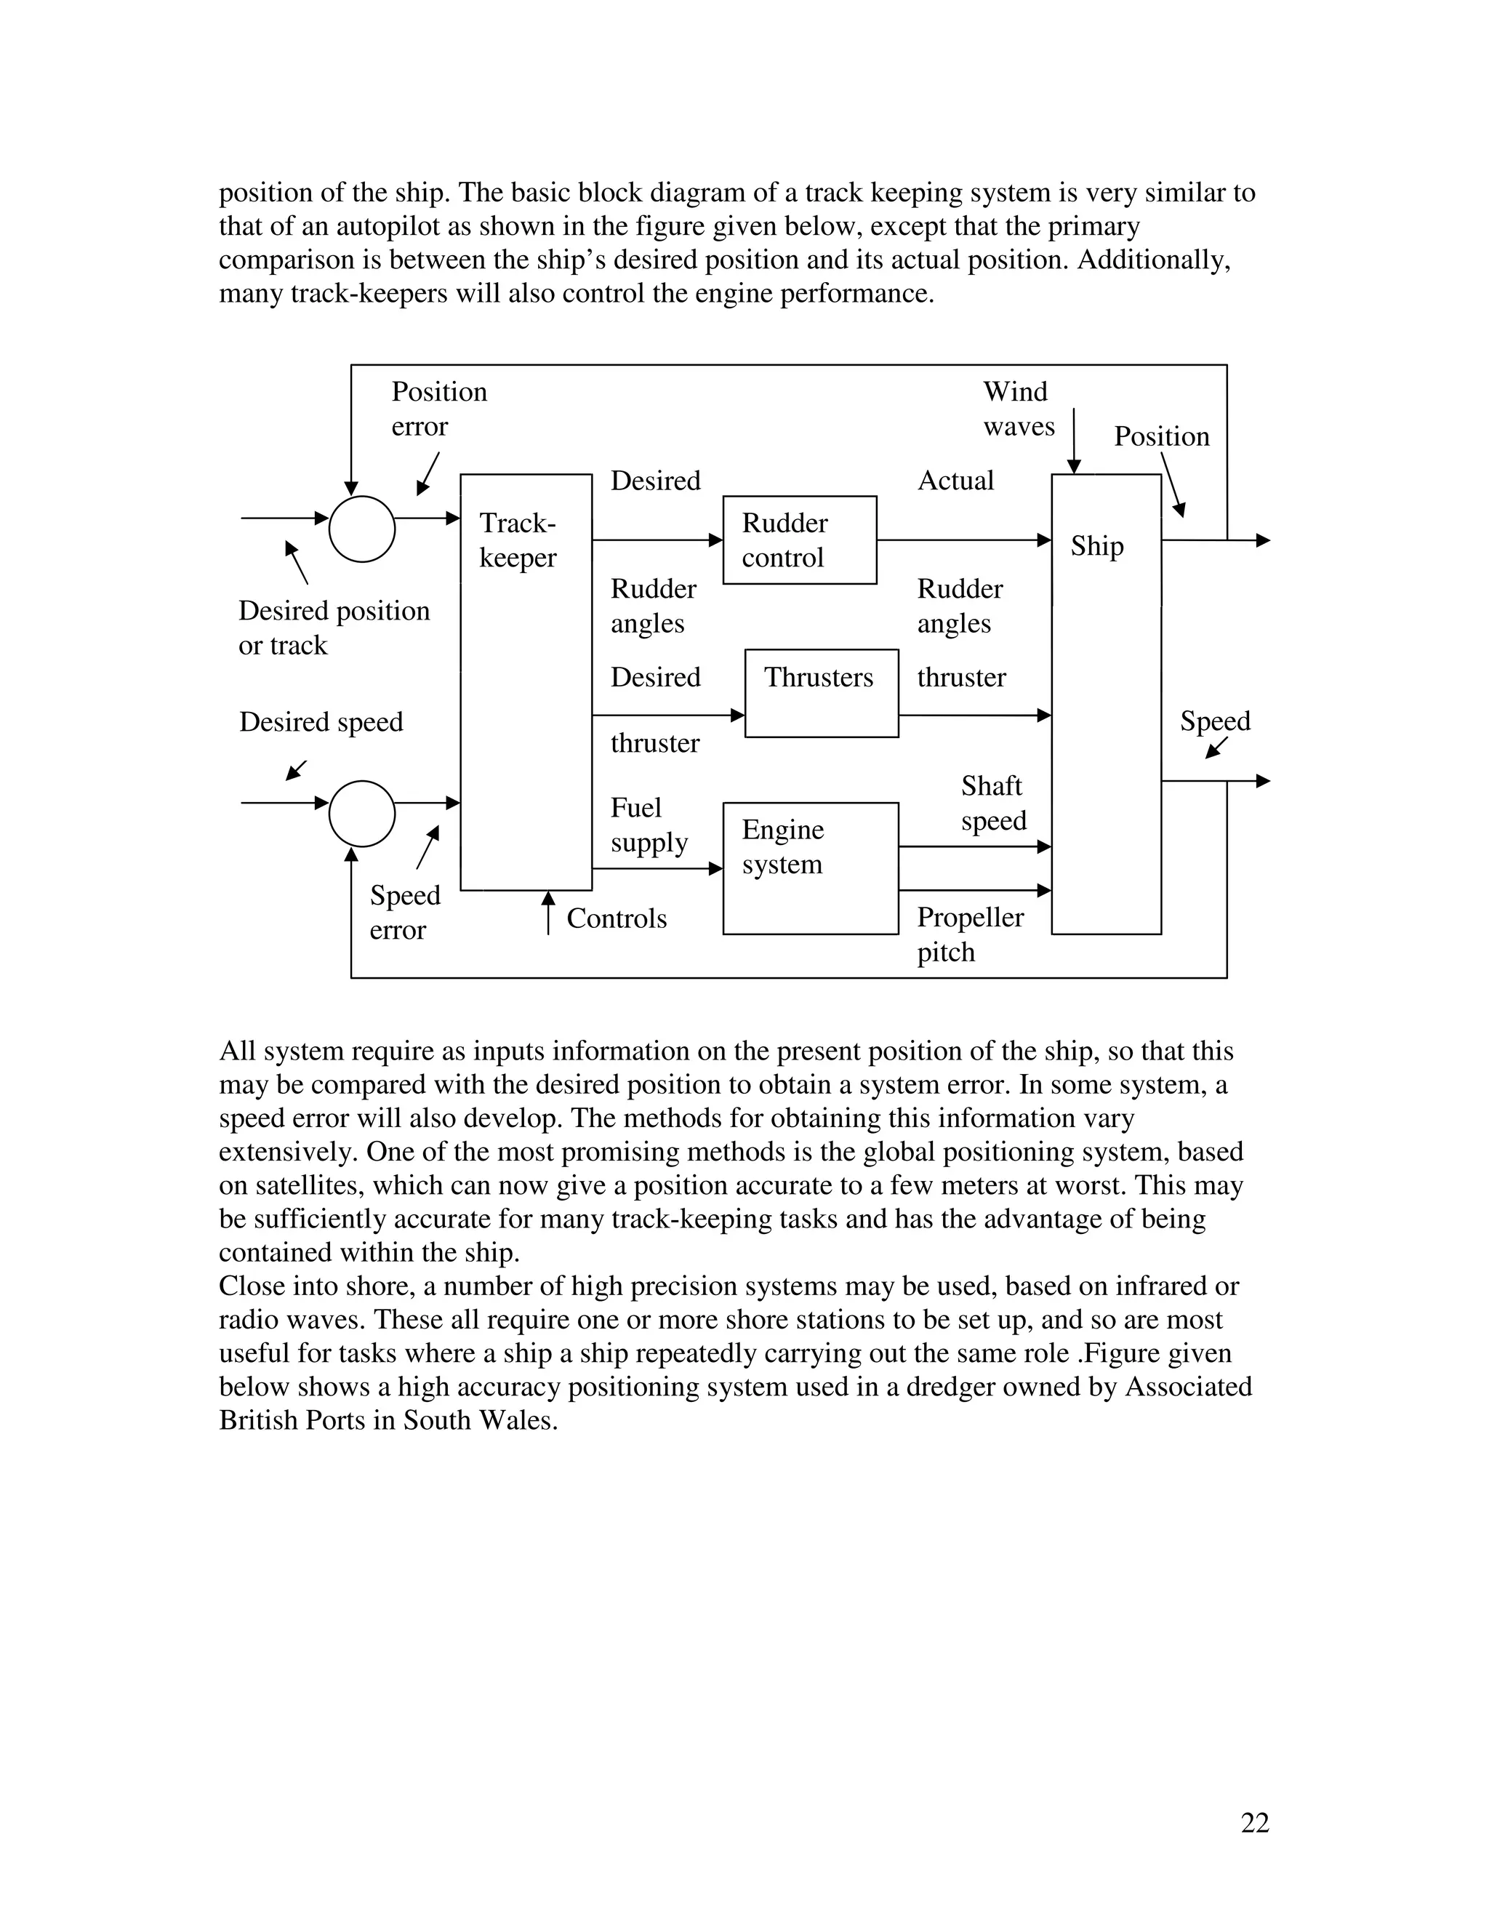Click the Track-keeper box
526,682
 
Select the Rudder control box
799,540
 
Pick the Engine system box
810,868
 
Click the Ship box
1105,703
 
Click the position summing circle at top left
361,529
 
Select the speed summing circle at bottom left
361,814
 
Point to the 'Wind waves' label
1018,409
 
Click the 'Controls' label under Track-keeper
616,918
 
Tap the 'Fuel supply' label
649,825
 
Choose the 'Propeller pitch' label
969,934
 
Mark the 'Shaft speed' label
993,803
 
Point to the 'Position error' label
438,409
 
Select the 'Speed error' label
404,913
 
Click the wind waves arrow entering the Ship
1074,441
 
